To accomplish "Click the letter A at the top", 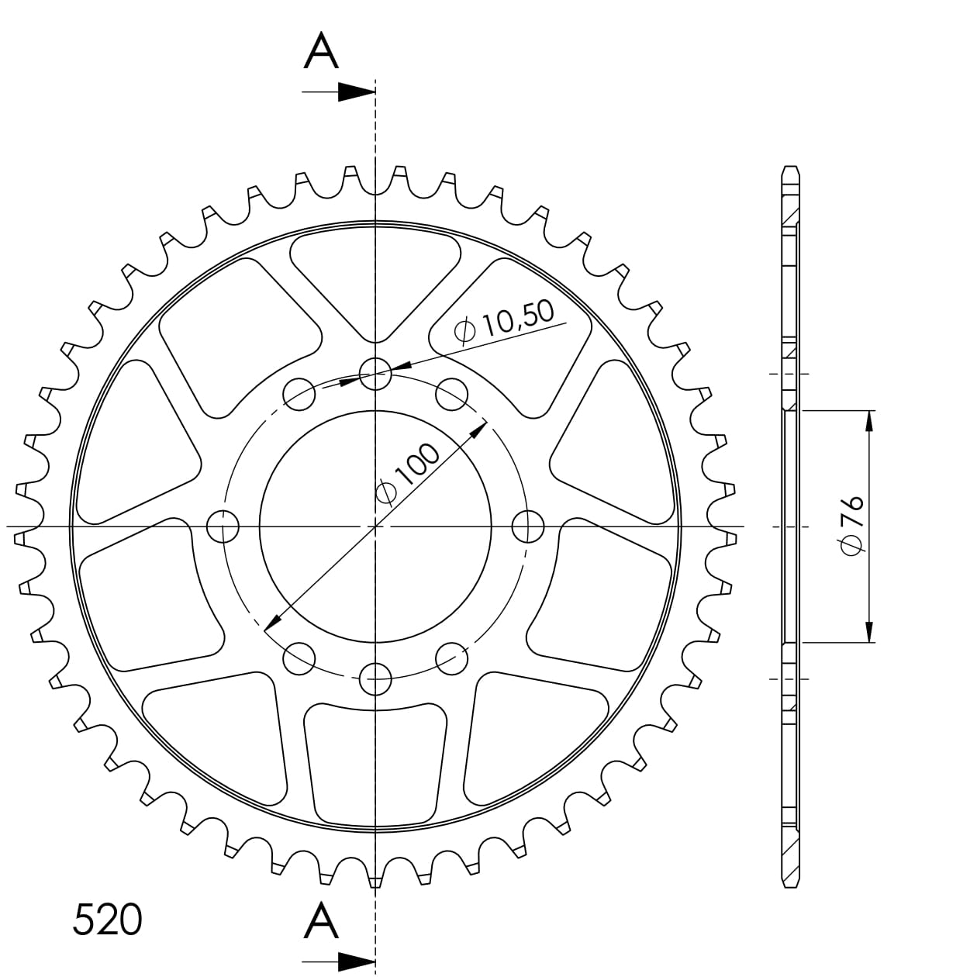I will click(321, 53).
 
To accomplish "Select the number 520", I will click(107, 920).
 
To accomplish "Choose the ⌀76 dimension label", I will click(851, 526).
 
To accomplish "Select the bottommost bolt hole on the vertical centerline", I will click(376, 680).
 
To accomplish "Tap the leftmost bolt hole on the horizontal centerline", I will click(223, 527).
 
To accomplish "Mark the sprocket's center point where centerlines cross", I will click(376, 527).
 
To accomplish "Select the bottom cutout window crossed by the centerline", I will click(376, 764).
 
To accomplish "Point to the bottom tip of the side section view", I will click(789, 885).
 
